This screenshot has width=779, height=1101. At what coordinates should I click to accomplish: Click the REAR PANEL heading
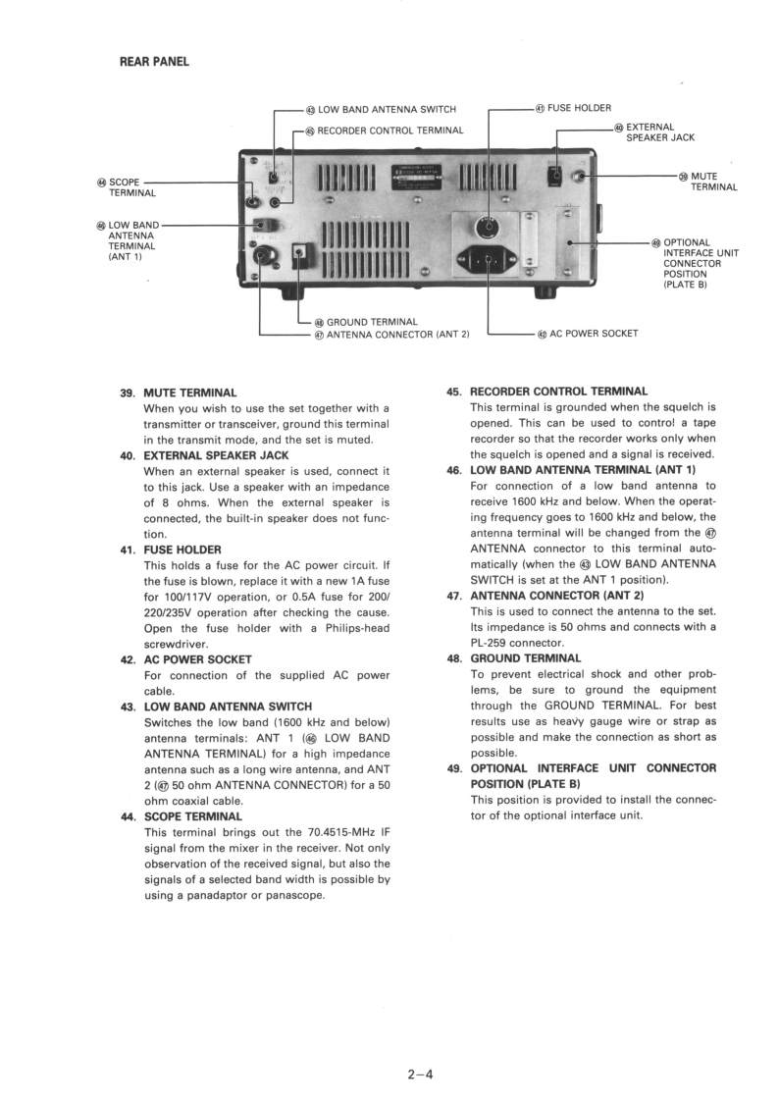pyautogui.click(x=154, y=62)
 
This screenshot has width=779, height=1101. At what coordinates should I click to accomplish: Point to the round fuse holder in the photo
pyautogui.click(x=484, y=228)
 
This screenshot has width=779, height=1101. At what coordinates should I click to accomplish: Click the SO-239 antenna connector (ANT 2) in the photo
pyautogui.click(x=262, y=258)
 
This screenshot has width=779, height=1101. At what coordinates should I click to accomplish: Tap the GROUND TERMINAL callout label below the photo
pyautogui.click(x=372, y=322)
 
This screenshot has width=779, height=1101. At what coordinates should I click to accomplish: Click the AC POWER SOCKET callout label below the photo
pyautogui.click(x=594, y=334)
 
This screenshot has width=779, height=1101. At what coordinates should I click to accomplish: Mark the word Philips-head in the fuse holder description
pyautogui.click(x=350, y=628)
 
